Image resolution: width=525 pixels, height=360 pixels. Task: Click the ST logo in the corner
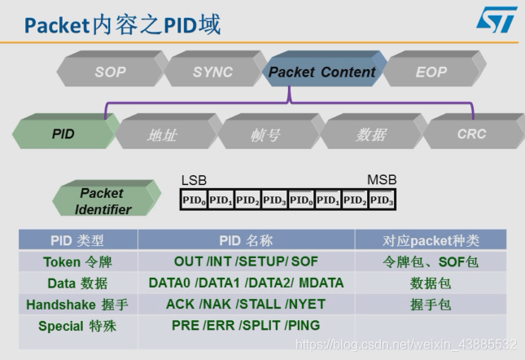(x=495, y=20)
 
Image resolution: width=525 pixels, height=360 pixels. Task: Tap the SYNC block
(x=212, y=72)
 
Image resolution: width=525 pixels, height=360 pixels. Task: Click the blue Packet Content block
(x=322, y=72)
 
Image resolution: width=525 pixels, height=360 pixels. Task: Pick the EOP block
(x=431, y=72)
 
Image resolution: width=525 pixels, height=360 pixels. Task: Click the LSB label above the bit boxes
(x=194, y=179)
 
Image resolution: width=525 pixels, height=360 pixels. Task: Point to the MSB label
(x=382, y=179)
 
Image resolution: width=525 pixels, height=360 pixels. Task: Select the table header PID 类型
(x=78, y=240)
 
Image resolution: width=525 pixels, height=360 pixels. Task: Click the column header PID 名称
(x=246, y=240)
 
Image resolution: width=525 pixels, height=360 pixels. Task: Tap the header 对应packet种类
(x=431, y=240)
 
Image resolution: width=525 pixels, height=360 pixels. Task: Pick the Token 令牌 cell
(x=78, y=261)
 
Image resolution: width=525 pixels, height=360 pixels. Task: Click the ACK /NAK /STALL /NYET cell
(x=246, y=305)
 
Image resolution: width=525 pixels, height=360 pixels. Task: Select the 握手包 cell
(x=431, y=305)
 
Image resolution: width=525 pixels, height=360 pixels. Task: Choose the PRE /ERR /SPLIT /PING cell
(x=246, y=326)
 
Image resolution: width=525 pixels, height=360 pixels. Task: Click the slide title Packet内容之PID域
(x=122, y=24)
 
